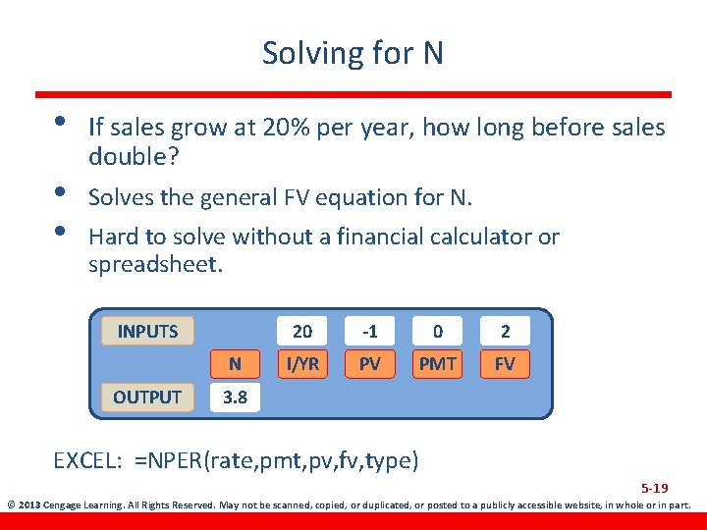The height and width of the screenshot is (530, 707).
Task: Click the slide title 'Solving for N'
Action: [x=353, y=53]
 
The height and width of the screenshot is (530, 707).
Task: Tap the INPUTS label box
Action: [x=147, y=331]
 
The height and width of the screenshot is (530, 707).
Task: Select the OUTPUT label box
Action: [x=147, y=397]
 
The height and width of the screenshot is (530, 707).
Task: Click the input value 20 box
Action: [x=302, y=331]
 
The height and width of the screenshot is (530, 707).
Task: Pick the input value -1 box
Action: [x=370, y=331]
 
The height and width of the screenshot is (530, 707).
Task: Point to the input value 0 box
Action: [x=438, y=331]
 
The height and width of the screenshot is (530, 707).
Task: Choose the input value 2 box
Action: [x=505, y=331]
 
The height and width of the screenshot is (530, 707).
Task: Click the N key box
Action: [x=235, y=364]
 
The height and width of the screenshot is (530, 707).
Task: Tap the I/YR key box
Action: [x=302, y=364]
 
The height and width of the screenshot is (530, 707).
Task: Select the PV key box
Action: [x=370, y=364]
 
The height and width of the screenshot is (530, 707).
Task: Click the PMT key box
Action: [x=438, y=364]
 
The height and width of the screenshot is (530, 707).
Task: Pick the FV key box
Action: [x=505, y=364]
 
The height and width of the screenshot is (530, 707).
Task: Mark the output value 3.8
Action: [x=235, y=397]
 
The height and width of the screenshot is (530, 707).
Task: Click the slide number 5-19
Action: [x=655, y=488]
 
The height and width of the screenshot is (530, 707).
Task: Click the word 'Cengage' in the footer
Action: [x=66, y=506]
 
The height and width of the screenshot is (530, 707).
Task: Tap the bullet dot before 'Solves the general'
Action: [x=61, y=194]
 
